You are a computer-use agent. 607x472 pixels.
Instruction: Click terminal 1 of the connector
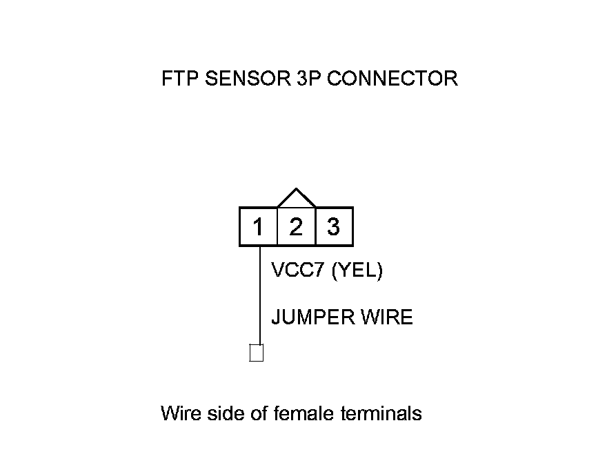258,226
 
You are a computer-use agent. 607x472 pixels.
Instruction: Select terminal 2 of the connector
296,226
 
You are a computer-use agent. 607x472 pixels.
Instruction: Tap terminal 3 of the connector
334,226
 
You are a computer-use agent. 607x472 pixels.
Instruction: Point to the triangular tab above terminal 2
296,199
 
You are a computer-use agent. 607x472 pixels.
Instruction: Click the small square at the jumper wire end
257,353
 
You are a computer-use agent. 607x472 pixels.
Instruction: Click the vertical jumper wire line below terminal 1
259,297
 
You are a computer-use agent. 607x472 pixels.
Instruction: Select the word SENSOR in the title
241,78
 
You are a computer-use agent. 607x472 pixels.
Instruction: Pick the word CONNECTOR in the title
391,78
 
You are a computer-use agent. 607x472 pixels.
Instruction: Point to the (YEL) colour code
357,270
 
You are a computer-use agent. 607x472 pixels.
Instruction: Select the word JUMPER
313,317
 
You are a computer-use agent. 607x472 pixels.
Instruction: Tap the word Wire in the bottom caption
179,413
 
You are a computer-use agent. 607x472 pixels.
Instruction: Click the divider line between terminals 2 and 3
315,226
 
